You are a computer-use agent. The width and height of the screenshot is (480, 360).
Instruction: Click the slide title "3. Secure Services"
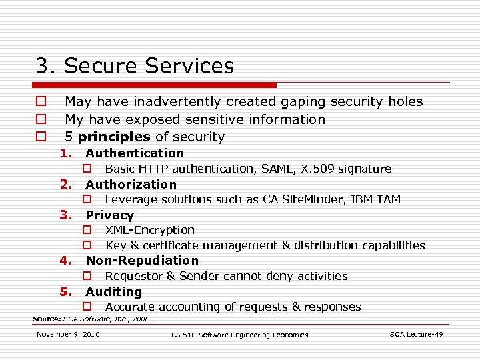point(135,66)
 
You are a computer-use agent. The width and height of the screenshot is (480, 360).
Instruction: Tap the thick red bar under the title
point(154,85)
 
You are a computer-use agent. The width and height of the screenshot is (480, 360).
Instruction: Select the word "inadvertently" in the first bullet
point(176,101)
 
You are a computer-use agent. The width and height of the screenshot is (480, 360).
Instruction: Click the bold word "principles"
point(114,137)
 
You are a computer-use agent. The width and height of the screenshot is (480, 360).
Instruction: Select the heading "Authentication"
point(135,153)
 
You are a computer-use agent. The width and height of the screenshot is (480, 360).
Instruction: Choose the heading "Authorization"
point(131,184)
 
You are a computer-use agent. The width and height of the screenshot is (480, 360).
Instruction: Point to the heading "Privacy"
point(110,215)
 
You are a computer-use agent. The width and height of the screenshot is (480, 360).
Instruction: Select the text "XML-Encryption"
point(150,230)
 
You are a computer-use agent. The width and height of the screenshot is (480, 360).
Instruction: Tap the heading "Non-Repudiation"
point(142,261)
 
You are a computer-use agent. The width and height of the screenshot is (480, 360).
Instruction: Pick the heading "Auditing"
point(113,291)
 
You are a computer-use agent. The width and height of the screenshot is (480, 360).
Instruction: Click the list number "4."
point(65,261)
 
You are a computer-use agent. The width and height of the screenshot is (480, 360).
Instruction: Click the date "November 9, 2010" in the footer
point(68,334)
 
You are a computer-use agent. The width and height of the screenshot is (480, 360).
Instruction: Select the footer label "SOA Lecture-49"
point(416,334)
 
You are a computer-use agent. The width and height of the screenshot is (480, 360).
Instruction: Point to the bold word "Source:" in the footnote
point(47,319)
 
